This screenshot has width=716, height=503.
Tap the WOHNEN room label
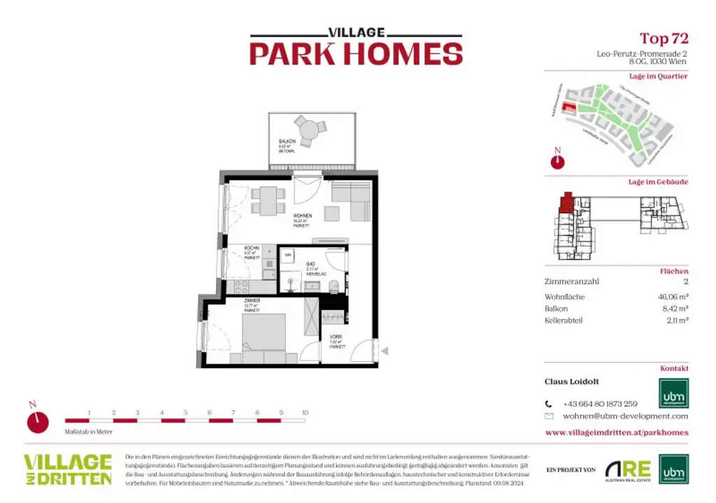tap(302, 216)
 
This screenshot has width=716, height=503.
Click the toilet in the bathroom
tap(334, 285)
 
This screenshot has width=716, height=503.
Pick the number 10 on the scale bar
tap(304, 413)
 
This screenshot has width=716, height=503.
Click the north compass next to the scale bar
tap(38, 422)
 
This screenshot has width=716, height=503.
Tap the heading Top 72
tap(664, 38)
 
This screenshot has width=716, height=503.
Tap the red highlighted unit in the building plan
tap(566, 204)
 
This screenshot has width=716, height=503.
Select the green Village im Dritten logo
tap(68, 469)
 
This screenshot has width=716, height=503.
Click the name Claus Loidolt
tap(571, 382)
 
